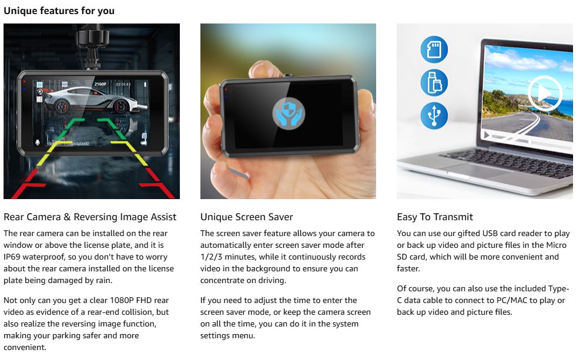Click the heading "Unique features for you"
59,11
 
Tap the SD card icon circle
434,49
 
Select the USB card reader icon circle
434,82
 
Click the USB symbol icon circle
434,116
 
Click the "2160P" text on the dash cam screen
100,85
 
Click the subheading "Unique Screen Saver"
246,217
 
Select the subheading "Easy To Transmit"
435,217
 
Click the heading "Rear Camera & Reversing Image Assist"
90,217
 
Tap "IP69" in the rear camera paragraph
14,257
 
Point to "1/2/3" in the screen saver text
213,257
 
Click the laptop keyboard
500,176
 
